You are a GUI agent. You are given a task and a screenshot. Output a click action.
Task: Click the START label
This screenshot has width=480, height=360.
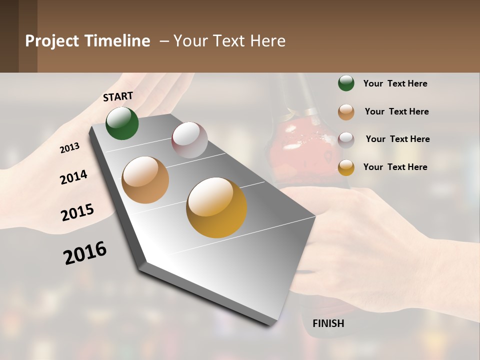pos(118,96)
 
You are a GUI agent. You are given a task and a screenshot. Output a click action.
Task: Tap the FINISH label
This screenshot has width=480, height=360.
pos(328,323)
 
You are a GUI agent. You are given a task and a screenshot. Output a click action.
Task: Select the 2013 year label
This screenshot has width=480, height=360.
pos(69,148)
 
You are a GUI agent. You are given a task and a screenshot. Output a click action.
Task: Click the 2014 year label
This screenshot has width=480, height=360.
pos(73,177)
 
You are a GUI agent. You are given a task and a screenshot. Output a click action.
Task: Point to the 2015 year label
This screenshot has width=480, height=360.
pos(77,212)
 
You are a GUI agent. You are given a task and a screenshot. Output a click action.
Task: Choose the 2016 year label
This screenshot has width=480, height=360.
pos(85,253)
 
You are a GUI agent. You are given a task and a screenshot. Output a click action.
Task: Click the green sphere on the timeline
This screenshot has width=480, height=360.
pos(122,123)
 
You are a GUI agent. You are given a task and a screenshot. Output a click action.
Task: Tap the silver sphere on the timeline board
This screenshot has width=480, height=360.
pos(189,140)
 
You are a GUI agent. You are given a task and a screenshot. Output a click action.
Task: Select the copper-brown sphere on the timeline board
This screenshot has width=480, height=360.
pos(145,180)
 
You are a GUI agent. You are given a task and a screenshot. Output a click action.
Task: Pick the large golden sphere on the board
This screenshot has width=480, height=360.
pos(216,207)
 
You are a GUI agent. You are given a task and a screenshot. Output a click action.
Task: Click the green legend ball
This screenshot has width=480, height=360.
pos(346,83)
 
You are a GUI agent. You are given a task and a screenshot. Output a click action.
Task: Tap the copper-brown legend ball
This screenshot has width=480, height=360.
pos(346,112)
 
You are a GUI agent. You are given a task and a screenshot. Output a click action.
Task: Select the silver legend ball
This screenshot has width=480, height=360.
pos(346,139)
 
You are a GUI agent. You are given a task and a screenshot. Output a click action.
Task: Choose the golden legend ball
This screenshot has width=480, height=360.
pos(346,167)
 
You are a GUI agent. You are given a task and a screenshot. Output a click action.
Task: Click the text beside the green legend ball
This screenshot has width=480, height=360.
pos(395,84)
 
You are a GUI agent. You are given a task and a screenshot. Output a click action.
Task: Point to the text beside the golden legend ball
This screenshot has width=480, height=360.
pos(395,167)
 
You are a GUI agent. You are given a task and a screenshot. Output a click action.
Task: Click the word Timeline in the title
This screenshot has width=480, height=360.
pos(117,41)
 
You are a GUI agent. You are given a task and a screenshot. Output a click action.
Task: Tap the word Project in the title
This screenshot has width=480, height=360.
pos(51,41)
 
